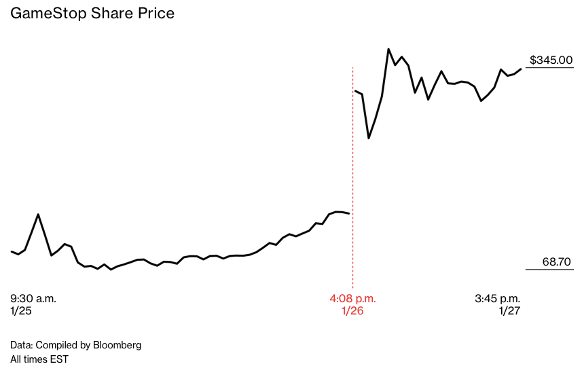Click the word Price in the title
pos(156,14)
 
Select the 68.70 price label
pos(558,261)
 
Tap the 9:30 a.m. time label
pos(33,298)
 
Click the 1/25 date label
pos(21,310)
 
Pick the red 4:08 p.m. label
pos(352,298)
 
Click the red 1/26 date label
pos(352,310)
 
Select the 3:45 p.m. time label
pos(498,298)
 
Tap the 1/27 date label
pos(509,310)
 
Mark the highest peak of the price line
pos(388,49)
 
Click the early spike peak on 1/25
pos(38,215)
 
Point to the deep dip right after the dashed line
pos(369,139)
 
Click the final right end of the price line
pos(521,69)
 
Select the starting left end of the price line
pos(12,251)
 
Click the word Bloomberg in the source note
pos(116,345)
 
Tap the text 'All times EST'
pos(39,359)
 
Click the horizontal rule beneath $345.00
pos(549,68)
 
